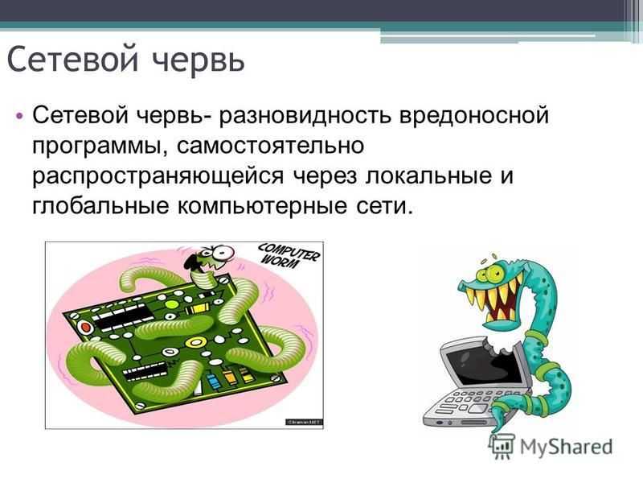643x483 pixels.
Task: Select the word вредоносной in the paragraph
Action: point(474,116)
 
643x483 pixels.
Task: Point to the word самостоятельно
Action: point(271,146)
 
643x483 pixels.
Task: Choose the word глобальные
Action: point(101,206)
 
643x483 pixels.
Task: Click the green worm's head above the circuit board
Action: point(211,258)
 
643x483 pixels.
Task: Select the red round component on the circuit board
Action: point(86,328)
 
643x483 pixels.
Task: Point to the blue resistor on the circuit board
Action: point(212,381)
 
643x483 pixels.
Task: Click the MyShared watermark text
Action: point(567,447)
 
